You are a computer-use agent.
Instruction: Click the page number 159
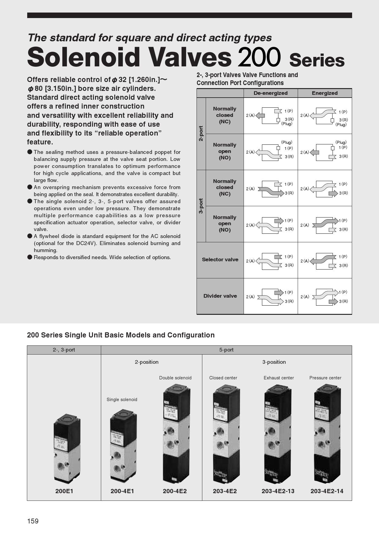(x=33, y=521)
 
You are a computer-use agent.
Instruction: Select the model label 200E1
(x=64, y=491)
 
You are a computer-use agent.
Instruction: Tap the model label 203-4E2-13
(x=278, y=491)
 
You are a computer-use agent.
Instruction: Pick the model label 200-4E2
(x=175, y=491)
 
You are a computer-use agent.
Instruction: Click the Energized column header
(x=325, y=93)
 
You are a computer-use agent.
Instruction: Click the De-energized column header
(x=270, y=93)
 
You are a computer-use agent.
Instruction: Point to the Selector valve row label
(x=220, y=260)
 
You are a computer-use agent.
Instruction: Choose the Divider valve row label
(x=220, y=296)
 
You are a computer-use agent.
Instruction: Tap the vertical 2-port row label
(x=201, y=133)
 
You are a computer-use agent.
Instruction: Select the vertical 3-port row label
(x=201, y=206)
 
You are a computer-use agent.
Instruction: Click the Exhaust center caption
(x=279, y=378)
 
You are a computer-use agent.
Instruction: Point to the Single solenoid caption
(x=122, y=400)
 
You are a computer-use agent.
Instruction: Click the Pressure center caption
(x=325, y=378)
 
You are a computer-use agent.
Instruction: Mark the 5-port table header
(x=226, y=350)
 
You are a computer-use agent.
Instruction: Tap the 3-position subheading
(x=274, y=362)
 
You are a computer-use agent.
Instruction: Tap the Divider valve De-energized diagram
(x=270, y=296)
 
